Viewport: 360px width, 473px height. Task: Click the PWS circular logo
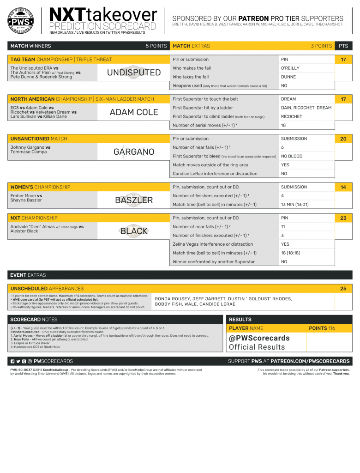click(23, 20)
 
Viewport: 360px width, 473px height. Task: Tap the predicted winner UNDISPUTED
click(134, 73)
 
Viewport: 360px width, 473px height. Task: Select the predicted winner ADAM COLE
click(134, 112)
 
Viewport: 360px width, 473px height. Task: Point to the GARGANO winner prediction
click(134, 152)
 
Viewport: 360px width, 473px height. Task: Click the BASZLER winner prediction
click(134, 200)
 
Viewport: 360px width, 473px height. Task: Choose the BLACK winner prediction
click(134, 231)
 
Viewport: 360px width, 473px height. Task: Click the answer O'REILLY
click(290, 68)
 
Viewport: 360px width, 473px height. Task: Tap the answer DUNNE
click(288, 77)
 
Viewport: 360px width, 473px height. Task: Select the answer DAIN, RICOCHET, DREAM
click(306, 108)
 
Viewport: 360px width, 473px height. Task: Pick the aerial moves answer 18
click(284, 125)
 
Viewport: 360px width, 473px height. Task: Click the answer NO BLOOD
click(292, 156)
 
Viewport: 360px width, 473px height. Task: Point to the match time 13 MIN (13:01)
click(295, 205)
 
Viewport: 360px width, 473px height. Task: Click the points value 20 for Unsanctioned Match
click(343, 139)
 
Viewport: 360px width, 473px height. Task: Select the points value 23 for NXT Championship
click(343, 218)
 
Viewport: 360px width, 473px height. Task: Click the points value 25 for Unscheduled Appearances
click(343, 288)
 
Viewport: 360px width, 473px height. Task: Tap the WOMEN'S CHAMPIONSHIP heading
click(41, 187)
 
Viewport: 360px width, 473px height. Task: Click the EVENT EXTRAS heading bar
click(180, 275)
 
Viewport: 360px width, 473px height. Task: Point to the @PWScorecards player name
click(259, 338)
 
